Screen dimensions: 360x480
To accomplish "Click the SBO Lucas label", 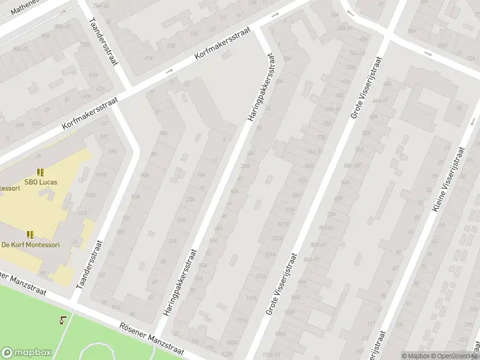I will pos(40,181).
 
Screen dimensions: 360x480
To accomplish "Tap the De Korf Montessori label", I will pos(30,244).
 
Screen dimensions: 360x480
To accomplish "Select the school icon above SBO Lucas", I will pos(40,172).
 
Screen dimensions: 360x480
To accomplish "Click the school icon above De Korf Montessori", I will pos(30,235).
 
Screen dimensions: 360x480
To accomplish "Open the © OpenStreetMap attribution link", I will pos(454,356).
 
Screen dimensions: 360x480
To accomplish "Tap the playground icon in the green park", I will pos(63,320).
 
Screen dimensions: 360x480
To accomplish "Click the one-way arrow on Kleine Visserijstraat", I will pos(428,54).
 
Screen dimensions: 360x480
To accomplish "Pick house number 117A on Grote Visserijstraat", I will pos(251,298).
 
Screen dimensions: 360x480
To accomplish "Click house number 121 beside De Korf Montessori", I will pos(74,242).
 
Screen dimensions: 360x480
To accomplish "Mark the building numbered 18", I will pos(458,109).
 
